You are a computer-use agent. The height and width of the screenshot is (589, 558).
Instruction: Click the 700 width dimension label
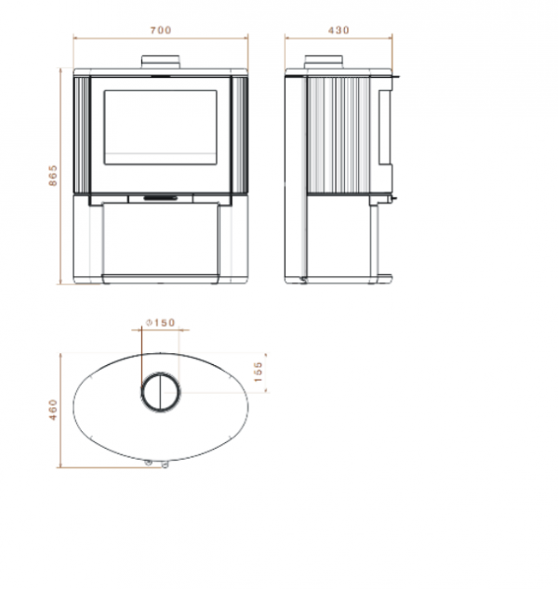pos(161,30)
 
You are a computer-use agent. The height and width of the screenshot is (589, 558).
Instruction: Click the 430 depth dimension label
pos(339,30)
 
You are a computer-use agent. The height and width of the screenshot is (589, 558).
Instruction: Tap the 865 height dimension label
pos(53,175)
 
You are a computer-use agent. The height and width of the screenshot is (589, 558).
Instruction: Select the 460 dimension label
pos(53,410)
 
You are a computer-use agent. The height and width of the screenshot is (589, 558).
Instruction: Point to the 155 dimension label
pos(258,372)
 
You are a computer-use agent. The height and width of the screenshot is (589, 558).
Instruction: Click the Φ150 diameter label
pos(161,322)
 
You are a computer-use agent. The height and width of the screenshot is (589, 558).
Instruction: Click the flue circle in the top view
pos(142,393)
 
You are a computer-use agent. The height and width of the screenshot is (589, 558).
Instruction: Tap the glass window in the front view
pos(161,127)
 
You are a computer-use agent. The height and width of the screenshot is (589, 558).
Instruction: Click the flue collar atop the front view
pos(161,62)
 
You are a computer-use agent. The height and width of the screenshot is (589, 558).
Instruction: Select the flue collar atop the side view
pos(324,62)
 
